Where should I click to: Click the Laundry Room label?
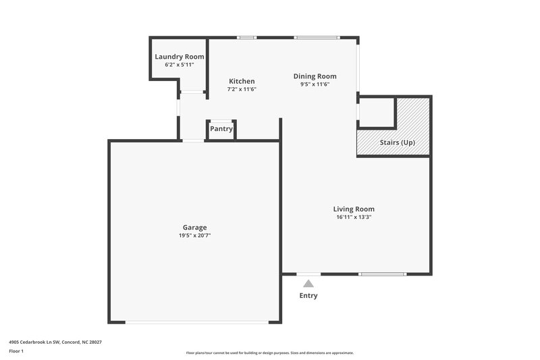pos(180,57)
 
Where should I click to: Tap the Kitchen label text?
pos(242,81)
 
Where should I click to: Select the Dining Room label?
pos(315,76)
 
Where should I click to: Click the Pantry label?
pos(221,128)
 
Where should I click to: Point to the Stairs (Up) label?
pos(398,143)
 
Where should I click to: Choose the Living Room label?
pos(354,209)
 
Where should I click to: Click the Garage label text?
pos(194,228)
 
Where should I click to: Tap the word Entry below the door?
pos(308,296)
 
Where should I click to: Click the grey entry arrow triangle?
pos(308,284)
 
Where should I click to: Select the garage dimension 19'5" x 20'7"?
pos(194,236)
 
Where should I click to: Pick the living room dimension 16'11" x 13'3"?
pos(354,217)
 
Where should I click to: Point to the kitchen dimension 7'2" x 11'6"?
pos(242,89)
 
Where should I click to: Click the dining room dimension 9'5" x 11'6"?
pos(315,84)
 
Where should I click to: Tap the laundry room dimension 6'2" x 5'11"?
pos(180,65)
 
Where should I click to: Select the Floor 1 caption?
pos(16,352)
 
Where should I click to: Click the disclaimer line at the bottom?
pos(270,353)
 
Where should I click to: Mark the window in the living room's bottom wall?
pos(382,274)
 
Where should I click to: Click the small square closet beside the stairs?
pos(377,112)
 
